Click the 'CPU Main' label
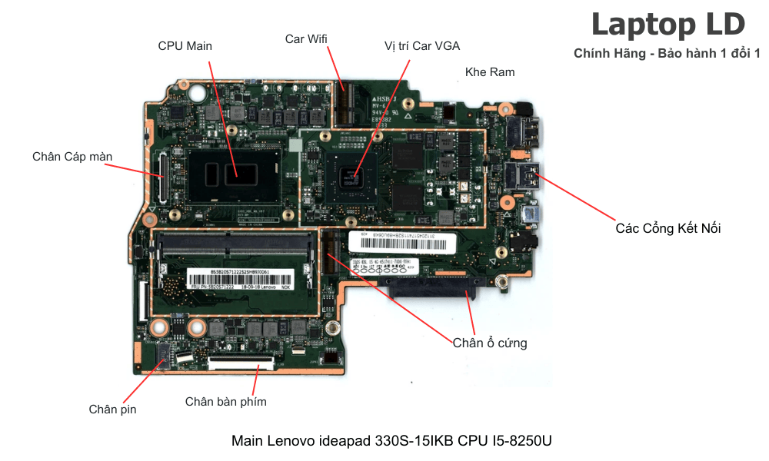(185, 46)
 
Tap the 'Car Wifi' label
(306, 38)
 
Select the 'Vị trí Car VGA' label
(422, 46)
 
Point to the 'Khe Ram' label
(490, 72)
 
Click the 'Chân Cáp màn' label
(72, 157)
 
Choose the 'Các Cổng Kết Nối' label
(668, 228)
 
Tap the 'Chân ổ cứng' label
(490, 343)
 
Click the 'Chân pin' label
(112, 410)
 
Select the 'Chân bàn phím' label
(226, 401)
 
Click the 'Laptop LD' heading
(667, 25)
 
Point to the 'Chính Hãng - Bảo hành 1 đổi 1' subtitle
(667, 54)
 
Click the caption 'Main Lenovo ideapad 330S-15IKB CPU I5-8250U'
(391, 441)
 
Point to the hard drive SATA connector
(431, 290)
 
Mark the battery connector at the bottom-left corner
(164, 355)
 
